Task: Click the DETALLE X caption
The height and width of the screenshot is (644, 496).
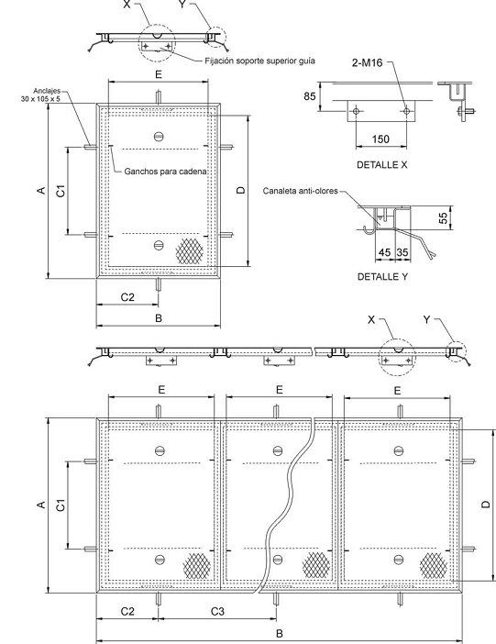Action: click(x=381, y=165)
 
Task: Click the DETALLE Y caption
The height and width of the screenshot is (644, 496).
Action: click(x=382, y=277)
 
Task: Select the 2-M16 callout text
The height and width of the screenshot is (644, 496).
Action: click(x=367, y=62)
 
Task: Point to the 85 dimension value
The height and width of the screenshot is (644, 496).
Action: click(x=310, y=96)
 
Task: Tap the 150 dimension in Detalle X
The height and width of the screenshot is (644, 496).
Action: click(x=380, y=139)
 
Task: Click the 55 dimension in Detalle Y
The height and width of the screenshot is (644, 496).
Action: click(x=444, y=217)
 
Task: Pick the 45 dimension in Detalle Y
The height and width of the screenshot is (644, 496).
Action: click(x=384, y=252)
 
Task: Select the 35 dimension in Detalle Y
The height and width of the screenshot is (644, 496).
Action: click(x=402, y=252)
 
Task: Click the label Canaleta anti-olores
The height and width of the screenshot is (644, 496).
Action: click(x=300, y=191)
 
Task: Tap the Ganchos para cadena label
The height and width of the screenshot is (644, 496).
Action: click(x=165, y=172)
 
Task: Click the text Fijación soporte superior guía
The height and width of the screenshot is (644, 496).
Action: click(x=259, y=61)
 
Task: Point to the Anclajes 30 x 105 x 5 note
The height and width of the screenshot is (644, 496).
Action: click(x=41, y=94)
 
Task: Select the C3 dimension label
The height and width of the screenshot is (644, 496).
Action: click(x=217, y=612)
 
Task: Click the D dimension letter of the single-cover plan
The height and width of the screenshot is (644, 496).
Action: click(x=241, y=190)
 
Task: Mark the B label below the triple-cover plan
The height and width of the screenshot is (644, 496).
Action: click(x=280, y=634)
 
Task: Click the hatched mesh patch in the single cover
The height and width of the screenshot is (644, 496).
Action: click(x=189, y=251)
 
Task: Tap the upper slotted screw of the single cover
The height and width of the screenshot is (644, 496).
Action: click(x=159, y=137)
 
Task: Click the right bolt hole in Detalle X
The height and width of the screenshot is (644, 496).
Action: click(x=406, y=111)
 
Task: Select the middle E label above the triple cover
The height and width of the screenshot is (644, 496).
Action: click(x=280, y=390)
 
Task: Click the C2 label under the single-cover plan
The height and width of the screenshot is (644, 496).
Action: click(x=127, y=297)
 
